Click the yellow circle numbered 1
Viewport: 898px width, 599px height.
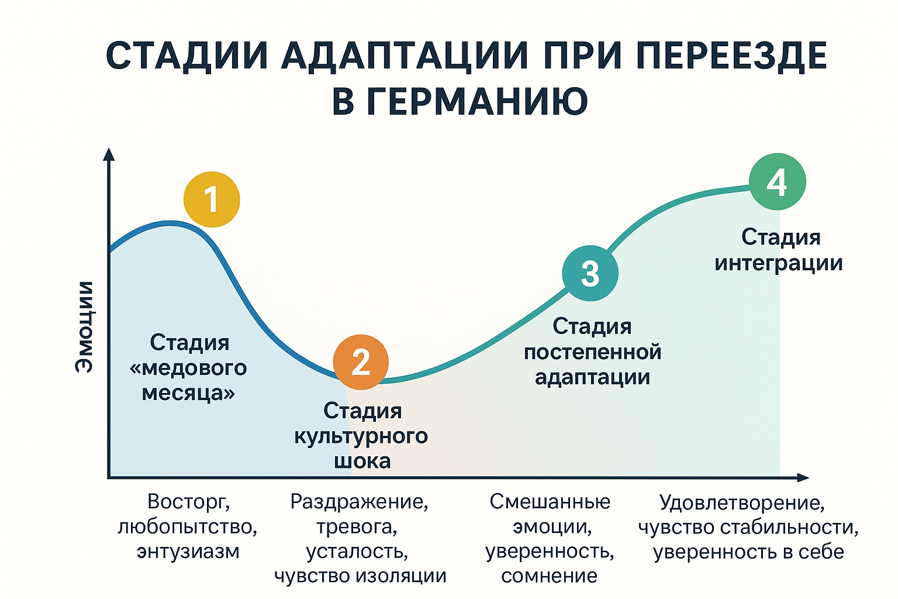tap(212, 199)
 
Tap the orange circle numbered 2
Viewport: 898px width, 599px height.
tap(361, 362)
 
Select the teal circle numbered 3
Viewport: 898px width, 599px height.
tap(590, 273)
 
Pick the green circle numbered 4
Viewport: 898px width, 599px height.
tap(778, 182)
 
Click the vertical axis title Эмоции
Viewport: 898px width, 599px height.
tap(85, 328)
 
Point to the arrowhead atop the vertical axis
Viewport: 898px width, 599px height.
tap(109, 154)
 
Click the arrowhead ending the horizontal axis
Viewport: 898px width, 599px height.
tap(803, 477)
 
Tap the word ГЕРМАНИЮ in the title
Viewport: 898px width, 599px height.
tap(460, 101)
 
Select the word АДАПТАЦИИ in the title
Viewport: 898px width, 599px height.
tap(404, 56)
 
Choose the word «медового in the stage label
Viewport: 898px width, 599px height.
tap(188, 369)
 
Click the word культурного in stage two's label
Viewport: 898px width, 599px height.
tap(361, 436)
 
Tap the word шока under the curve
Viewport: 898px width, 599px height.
tap(362, 462)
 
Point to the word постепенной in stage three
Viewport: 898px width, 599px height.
tap(592, 352)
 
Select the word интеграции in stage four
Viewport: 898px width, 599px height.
tap(779, 264)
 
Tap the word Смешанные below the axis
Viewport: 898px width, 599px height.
tap(550, 501)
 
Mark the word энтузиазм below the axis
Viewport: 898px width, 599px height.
tap(188, 552)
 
